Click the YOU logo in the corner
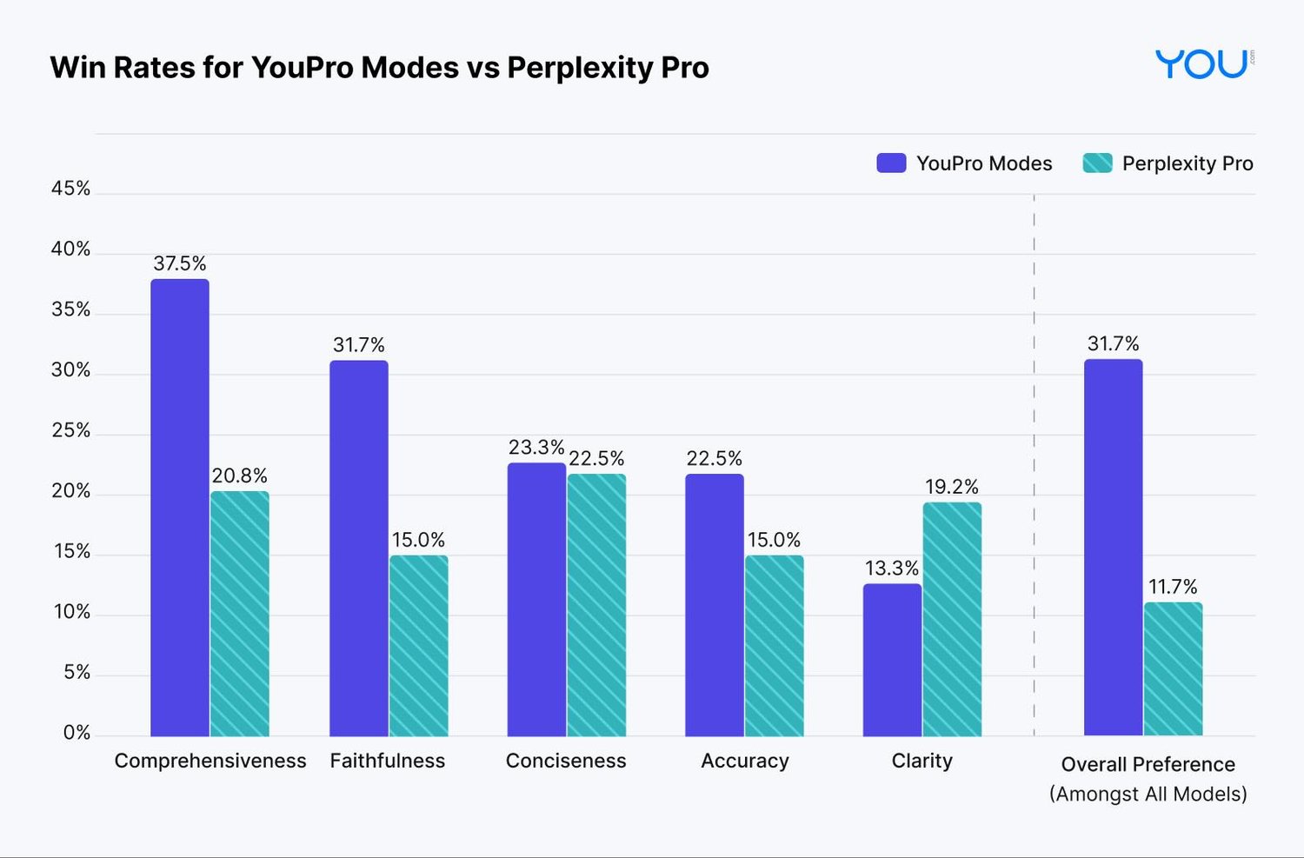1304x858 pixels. [1203, 64]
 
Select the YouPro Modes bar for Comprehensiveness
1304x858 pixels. [180, 508]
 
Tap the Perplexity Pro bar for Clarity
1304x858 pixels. [952, 619]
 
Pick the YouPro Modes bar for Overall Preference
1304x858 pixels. [1113, 548]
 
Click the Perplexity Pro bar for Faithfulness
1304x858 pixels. [418, 646]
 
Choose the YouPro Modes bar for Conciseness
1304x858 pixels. [536, 600]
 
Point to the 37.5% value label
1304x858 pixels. [180, 263]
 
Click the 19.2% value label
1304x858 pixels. [952, 487]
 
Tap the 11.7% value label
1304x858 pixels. [1173, 587]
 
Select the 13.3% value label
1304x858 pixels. [892, 569]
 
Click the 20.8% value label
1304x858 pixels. [240, 476]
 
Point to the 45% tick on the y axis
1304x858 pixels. [70, 189]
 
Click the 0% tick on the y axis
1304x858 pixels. [77, 733]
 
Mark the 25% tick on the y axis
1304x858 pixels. [70, 430]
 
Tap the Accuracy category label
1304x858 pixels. [745, 761]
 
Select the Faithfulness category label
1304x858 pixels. [388, 761]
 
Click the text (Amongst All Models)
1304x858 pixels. [1148, 794]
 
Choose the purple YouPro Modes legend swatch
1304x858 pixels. [891, 163]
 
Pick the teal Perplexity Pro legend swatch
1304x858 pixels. [1097, 163]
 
